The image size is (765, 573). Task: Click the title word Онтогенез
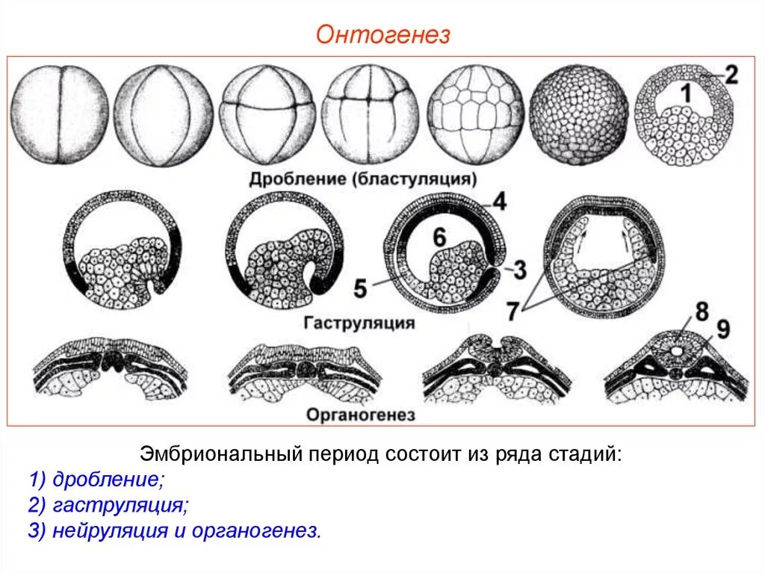tap(382, 35)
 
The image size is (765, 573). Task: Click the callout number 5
tap(360, 288)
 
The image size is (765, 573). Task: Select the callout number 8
tap(701, 312)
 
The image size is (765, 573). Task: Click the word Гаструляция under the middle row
tap(359, 323)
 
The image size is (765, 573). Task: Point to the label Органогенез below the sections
tap(360, 415)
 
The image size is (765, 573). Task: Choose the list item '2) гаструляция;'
tap(108, 505)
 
